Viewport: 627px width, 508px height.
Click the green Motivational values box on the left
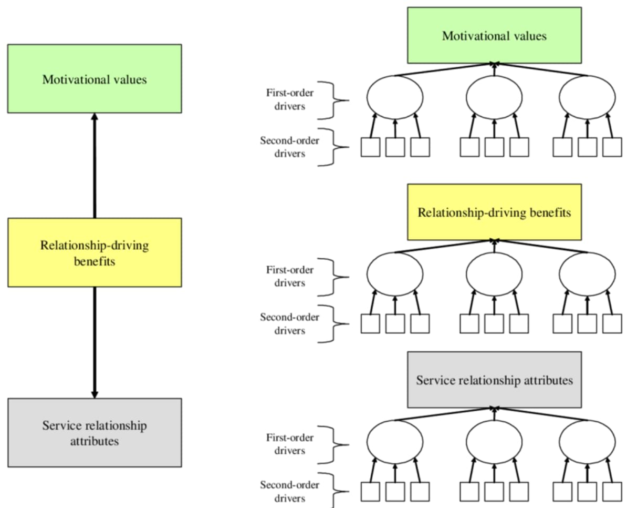point(95,78)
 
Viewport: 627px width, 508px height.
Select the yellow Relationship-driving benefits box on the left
point(95,252)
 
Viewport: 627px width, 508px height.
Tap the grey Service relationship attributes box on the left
point(95,432)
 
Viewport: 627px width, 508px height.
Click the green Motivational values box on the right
point(494,35)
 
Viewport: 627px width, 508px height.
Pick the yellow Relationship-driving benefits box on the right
point(494,212)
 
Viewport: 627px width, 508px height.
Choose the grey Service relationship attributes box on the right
point(494,380)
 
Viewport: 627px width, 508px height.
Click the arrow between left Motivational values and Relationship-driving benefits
point(95,166)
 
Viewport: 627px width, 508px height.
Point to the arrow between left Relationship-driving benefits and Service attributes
point(95,342)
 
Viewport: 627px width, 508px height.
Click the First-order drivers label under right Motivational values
point(284,100)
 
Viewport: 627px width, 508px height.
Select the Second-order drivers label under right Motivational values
point(283,147)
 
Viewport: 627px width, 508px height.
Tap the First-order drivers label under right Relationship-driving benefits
point(284,277)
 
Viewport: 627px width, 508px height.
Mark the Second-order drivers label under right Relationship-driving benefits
point(283,324)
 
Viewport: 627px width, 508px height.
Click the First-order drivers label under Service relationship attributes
point(284,444)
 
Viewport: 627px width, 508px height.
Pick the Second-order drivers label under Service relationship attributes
point(283,491)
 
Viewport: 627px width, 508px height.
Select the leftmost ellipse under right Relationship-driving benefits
point(395,272)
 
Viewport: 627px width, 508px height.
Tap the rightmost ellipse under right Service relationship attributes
point(587,440)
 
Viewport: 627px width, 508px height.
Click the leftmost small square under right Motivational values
point(370,147)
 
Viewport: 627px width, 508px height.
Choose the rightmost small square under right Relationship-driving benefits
point(612,324)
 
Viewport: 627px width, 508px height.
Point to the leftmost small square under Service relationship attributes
point(370,491)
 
